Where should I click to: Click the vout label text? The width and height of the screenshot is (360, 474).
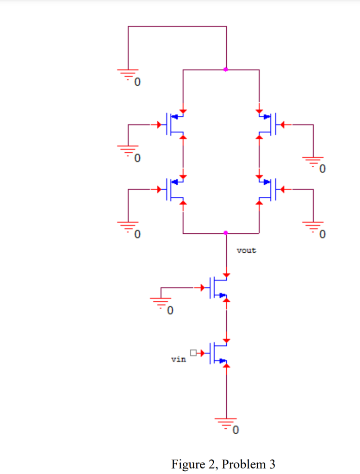(246, 251)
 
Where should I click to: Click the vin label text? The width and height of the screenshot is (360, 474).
(179, 359)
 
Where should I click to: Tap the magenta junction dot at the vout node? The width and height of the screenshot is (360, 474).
(226, 232)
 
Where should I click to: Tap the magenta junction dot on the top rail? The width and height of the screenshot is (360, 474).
(226, 69)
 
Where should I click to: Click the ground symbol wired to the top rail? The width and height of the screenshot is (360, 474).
(128, 74)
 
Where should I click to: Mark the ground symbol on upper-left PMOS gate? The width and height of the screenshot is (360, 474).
(128, 150)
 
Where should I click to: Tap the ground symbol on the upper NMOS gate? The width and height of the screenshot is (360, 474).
(161, 302)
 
